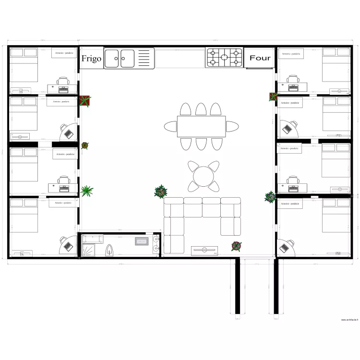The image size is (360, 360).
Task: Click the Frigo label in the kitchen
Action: [91, 59]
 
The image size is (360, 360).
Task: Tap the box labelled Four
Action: [260, 58]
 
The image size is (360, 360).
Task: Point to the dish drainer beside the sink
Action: [145, 59]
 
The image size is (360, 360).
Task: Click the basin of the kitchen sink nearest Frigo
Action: [112, 59]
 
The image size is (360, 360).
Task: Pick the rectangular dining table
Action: [201, 127]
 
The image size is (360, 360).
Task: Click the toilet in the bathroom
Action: [109, 249]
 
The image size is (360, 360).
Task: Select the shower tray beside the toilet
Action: [89, 250]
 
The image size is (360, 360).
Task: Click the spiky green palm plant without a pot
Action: [87, 191]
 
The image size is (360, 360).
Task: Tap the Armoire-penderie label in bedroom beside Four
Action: [290, 54]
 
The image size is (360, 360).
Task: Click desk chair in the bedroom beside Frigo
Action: [63, 81]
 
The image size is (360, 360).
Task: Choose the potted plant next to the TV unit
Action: [236, 246]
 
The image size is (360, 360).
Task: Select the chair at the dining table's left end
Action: [170, 127]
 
